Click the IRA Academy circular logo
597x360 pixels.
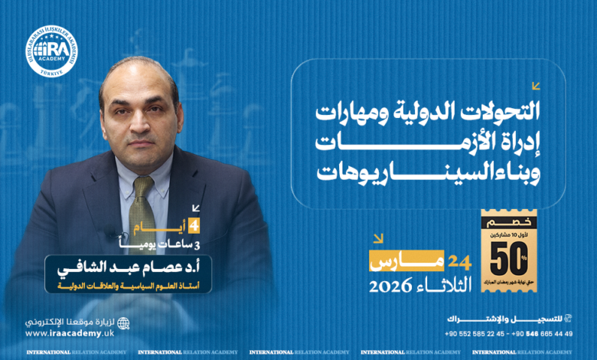52,51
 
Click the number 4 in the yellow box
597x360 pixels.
195,226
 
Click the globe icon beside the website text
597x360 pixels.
123,323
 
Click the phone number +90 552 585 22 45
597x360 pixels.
475,334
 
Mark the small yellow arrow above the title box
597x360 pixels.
536,86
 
